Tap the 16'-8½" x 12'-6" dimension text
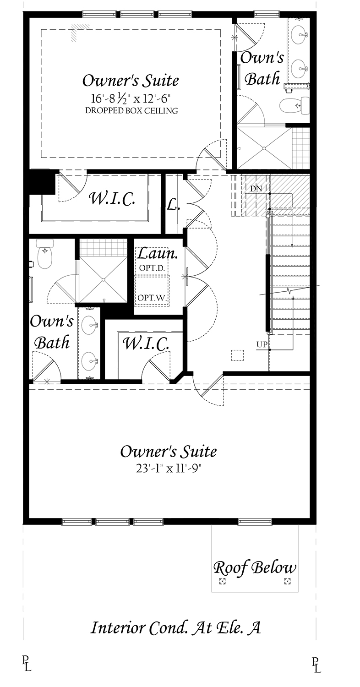(x=131, y=98)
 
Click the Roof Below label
(x=255, y=568)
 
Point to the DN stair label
(x=256, y=188)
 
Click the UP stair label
(x=262, y=344)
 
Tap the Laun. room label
(x=152, y=253)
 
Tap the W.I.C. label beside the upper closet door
(x=112, y=198)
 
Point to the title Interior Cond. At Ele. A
(x=176, y=627)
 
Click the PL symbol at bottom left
(x=26, y=664)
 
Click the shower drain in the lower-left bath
(x=103, y=279)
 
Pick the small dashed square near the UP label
(x=237, y=356)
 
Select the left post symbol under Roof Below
(x=223, y=582)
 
